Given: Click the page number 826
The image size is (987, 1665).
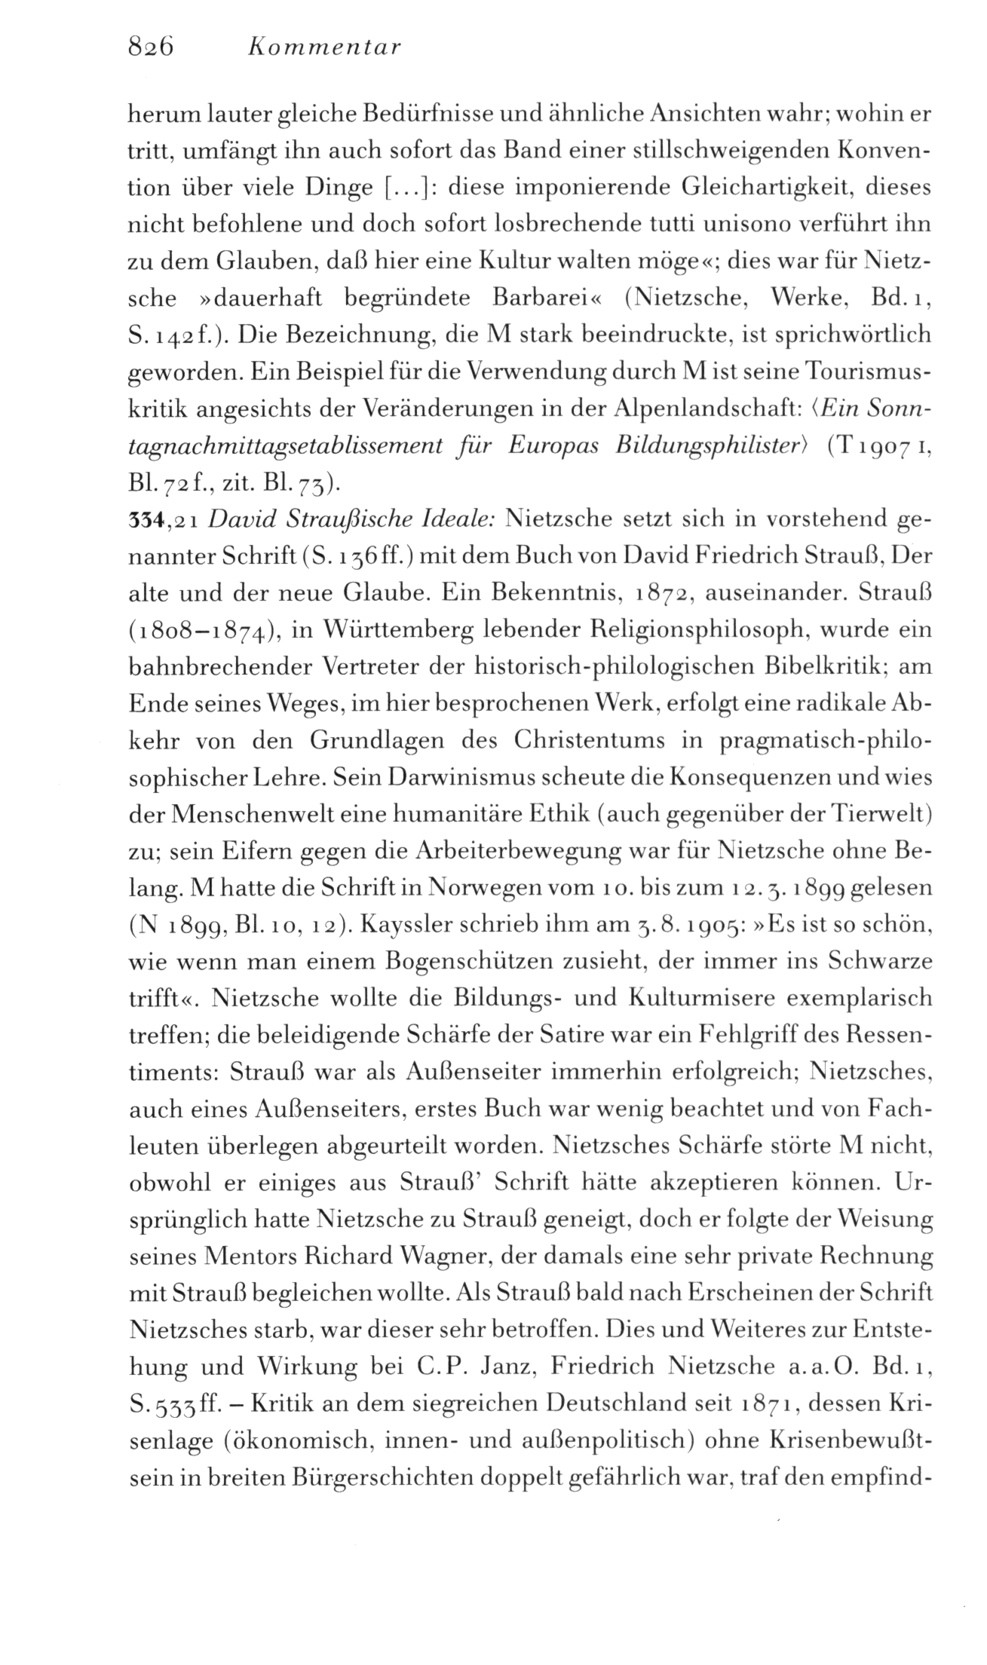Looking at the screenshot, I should coord(151,47).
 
